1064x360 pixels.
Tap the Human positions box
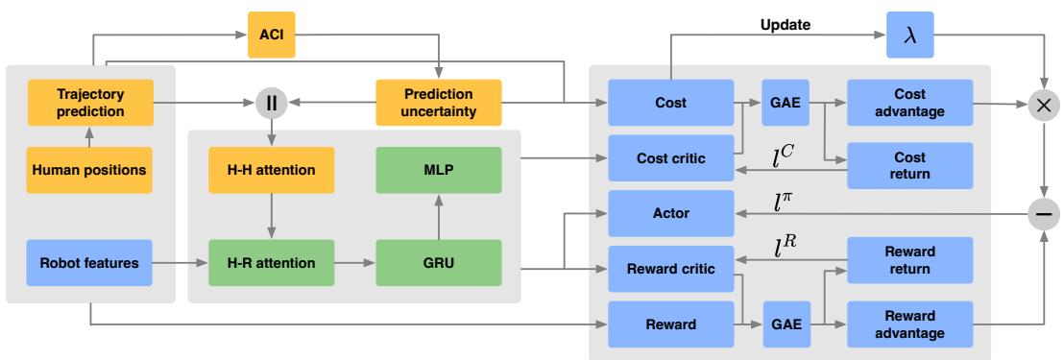89,170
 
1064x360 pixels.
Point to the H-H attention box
271,170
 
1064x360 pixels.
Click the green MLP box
439,170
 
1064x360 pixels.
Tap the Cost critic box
668,156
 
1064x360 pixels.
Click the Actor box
668,213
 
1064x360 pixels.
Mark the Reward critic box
668,269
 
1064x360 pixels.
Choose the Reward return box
909,260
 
